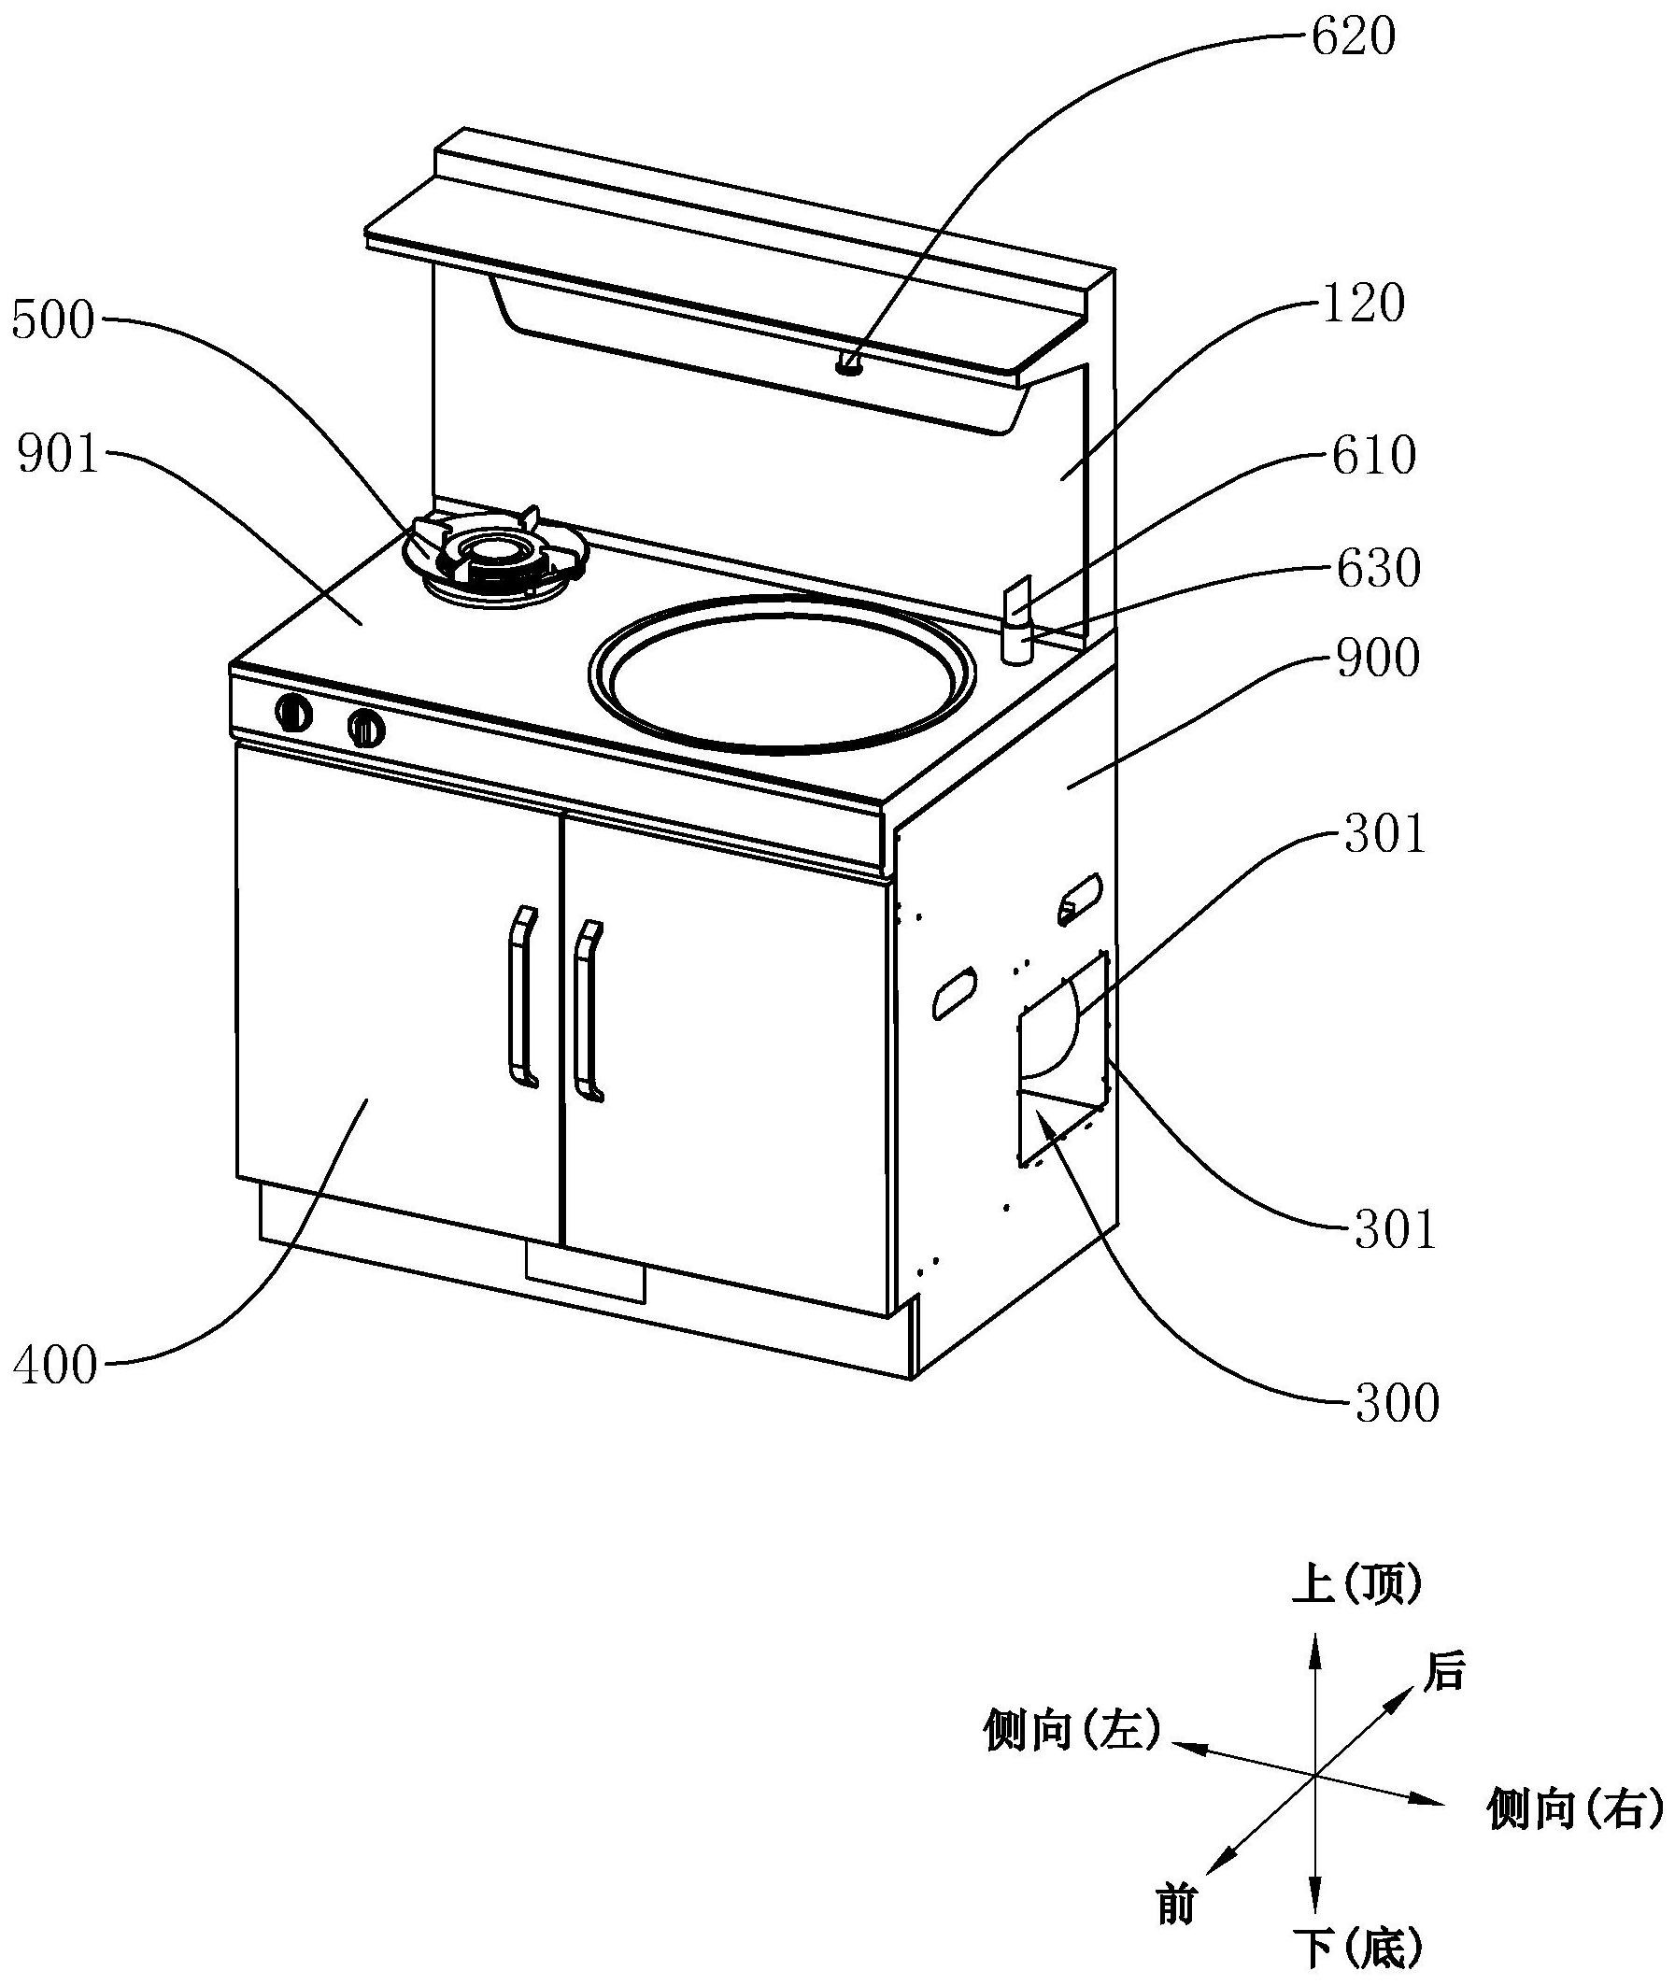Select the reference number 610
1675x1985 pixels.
[1374, 456]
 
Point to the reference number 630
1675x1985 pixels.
[1378, 569]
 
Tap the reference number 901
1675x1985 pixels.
[58, 457]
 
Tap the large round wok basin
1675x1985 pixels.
[782, 674]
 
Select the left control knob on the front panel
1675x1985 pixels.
[293, 712]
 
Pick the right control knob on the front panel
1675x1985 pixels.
[365, 728]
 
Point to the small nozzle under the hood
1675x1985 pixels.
[848, 363]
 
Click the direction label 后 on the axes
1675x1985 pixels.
[1444, 1696]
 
